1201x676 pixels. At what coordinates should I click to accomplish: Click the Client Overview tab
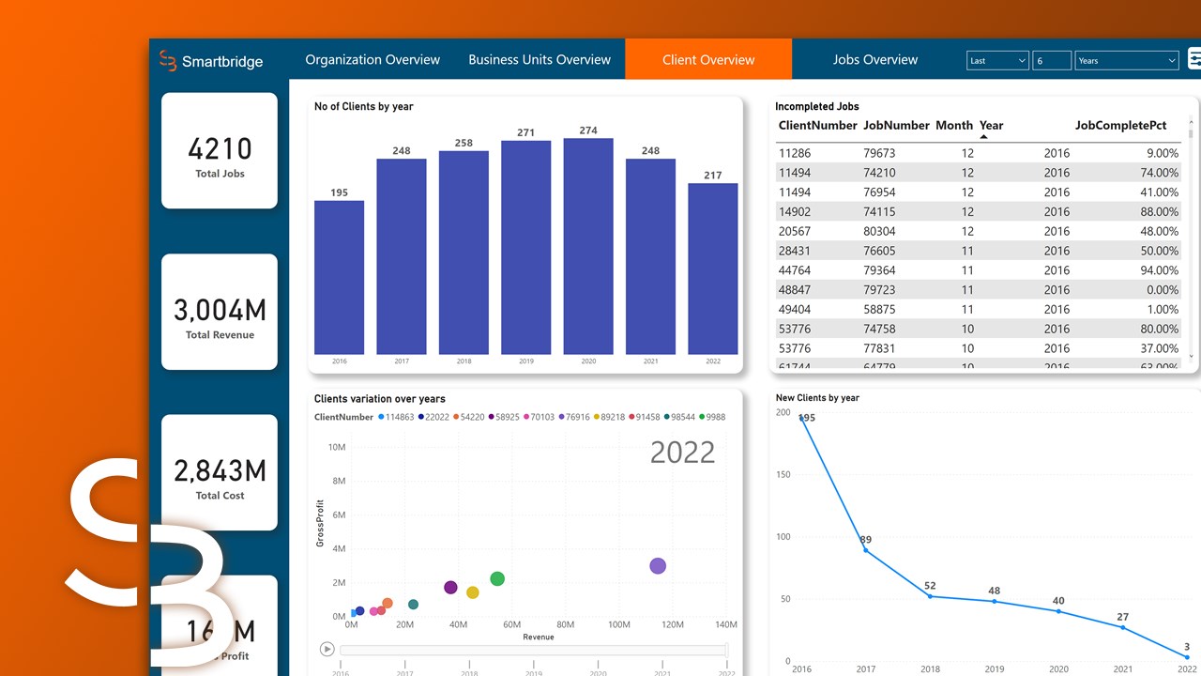[x=708, y=60]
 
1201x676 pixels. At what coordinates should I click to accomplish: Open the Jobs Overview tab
[x=874, y=60]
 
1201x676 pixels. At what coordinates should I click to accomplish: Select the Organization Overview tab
[x=372, y=60]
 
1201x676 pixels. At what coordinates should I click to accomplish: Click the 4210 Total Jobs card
[x=220, y=150]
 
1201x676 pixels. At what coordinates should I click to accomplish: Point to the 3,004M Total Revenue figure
[x=220, y=310]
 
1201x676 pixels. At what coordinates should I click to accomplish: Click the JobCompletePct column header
[x=1120, y=125]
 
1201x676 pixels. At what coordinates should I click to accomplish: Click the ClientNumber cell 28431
[x=795, y=251]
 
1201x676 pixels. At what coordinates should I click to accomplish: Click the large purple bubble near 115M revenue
[x=658, y=566]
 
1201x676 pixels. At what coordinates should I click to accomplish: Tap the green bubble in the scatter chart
[x=497, y=579]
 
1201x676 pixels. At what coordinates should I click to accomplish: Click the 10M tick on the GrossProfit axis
[x=336, y=447]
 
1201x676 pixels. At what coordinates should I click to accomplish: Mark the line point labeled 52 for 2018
[x=930, y=596]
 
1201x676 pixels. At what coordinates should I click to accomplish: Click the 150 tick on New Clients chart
[x=783, y=475]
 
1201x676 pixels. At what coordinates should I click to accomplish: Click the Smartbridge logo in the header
[x=211, y=61]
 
